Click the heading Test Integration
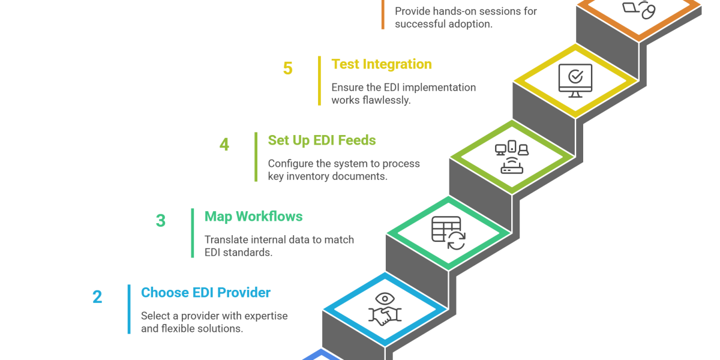pos(381,64)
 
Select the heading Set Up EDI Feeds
pos(322,140)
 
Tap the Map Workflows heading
pos(254,217)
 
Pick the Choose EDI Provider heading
pos(206,293)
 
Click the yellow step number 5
pos(288,68)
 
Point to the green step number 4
pos(224,145)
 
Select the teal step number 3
pos(161,221)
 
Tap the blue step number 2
pos(97,297)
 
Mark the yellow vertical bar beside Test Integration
pos(319,81)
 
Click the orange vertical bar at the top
pos(383,15)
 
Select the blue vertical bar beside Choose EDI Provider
pos(129,309)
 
